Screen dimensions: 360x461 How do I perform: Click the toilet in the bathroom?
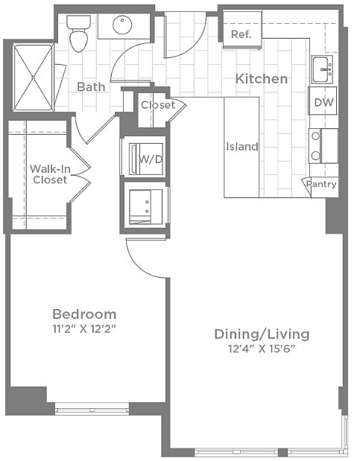(78, 34)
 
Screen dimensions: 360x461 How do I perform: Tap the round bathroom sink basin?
(122, 25)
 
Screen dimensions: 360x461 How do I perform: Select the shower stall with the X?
(34, 77)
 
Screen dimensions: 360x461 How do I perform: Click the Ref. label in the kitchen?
(241, 34)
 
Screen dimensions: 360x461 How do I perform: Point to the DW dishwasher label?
(323, 102)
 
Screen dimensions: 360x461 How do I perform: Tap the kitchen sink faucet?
(326, 70)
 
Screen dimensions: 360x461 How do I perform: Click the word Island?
(242, 147)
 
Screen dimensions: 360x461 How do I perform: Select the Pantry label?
(321, 185)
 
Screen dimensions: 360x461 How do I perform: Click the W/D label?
(151, 159)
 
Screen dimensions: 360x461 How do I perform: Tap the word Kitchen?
(262, 79)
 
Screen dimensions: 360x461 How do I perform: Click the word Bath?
(91, 86)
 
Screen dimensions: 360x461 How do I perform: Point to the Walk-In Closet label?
(50, 174)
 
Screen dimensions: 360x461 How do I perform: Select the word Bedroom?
(84, 314)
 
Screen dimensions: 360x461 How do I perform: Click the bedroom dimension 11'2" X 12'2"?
(84, 329)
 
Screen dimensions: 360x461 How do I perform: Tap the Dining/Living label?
(262, 334)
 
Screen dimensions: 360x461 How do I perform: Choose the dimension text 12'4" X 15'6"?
(262, 349)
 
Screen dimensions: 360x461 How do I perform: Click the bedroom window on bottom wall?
(92, 409)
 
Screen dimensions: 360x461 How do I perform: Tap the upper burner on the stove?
(315, 136)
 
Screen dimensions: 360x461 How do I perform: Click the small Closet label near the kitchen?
(158, 105)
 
